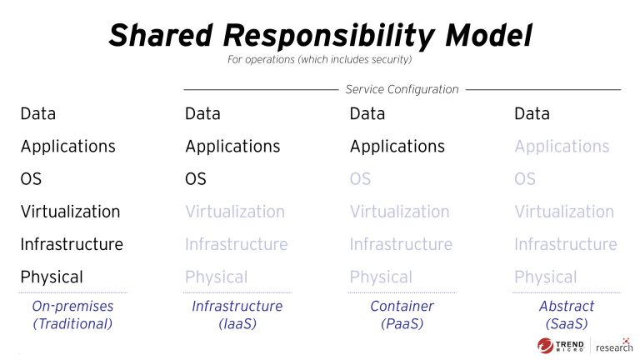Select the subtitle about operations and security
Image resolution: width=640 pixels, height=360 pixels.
319,60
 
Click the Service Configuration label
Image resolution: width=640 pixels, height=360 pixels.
402,89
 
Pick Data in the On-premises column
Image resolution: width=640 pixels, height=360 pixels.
38,114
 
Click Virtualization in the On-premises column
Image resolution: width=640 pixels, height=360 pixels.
70,212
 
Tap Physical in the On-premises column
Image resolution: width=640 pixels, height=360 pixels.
52,277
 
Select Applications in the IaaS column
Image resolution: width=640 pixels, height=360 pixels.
232,147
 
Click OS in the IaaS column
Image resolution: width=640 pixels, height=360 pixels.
196,179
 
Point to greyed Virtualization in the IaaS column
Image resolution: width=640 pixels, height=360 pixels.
235,212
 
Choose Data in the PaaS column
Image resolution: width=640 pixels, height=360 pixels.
367,114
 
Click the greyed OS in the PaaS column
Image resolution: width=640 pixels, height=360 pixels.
360,179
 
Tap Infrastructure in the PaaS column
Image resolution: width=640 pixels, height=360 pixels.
401,244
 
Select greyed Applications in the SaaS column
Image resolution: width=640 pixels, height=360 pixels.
562,147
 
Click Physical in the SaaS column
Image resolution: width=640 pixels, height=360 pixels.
546,277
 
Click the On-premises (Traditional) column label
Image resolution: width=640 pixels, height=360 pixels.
72,315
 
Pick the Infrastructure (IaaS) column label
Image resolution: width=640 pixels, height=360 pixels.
237,315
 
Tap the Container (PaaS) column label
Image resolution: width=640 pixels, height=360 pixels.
402,315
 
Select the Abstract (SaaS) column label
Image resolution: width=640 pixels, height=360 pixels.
566,315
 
